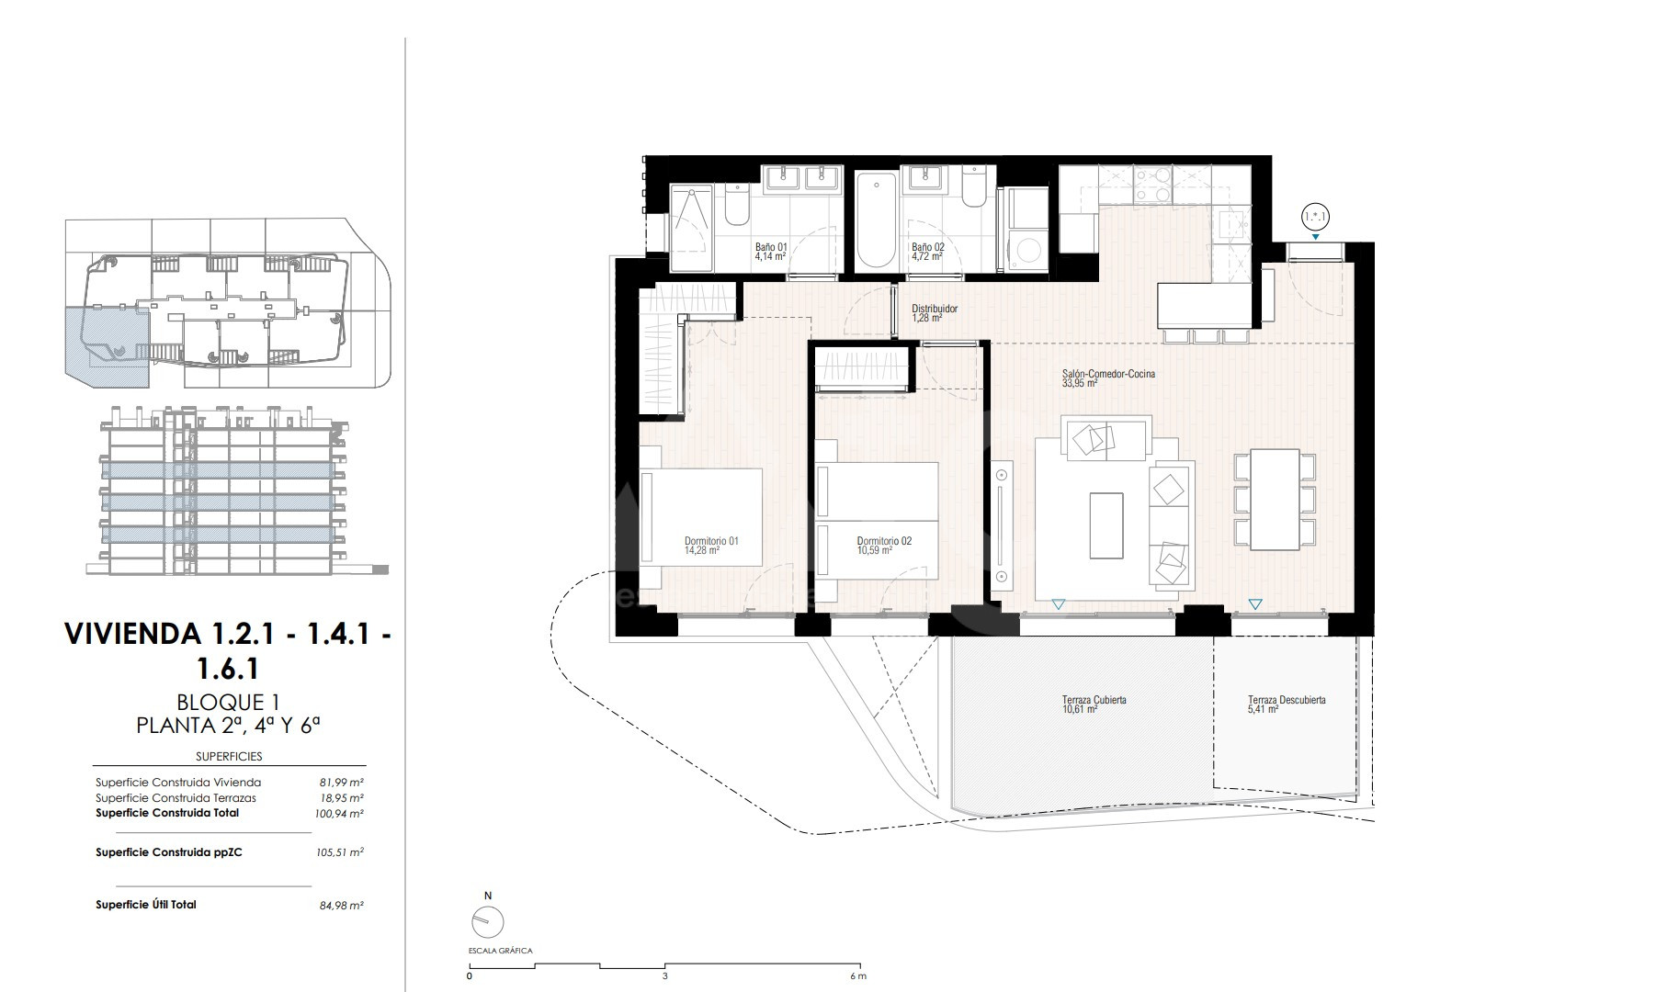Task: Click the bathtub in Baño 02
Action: pos(876,220)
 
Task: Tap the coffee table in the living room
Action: pos(1106,525)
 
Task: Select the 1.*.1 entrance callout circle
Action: pos(1316,218)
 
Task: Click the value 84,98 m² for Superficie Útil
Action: pos(341,906)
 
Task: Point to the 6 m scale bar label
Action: pos(858,976)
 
